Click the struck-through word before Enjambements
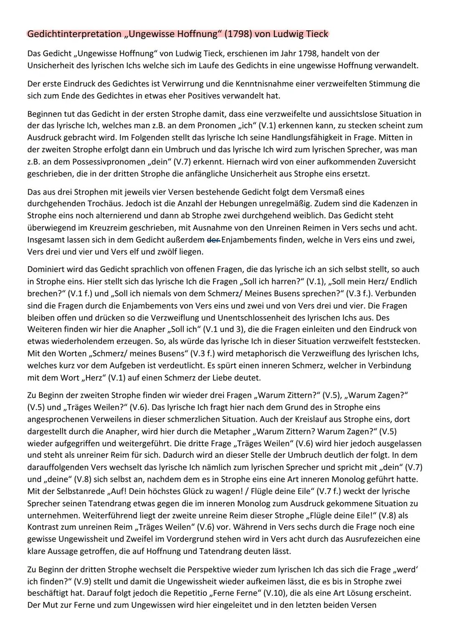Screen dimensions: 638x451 coord(214,240)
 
